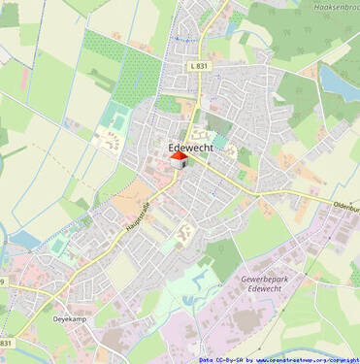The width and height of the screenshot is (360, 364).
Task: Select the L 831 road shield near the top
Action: [x=200, y=64]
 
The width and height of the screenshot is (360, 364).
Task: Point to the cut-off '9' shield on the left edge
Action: [x=3, y=282]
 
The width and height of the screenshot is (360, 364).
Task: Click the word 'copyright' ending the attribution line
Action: [x=341, y=359]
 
